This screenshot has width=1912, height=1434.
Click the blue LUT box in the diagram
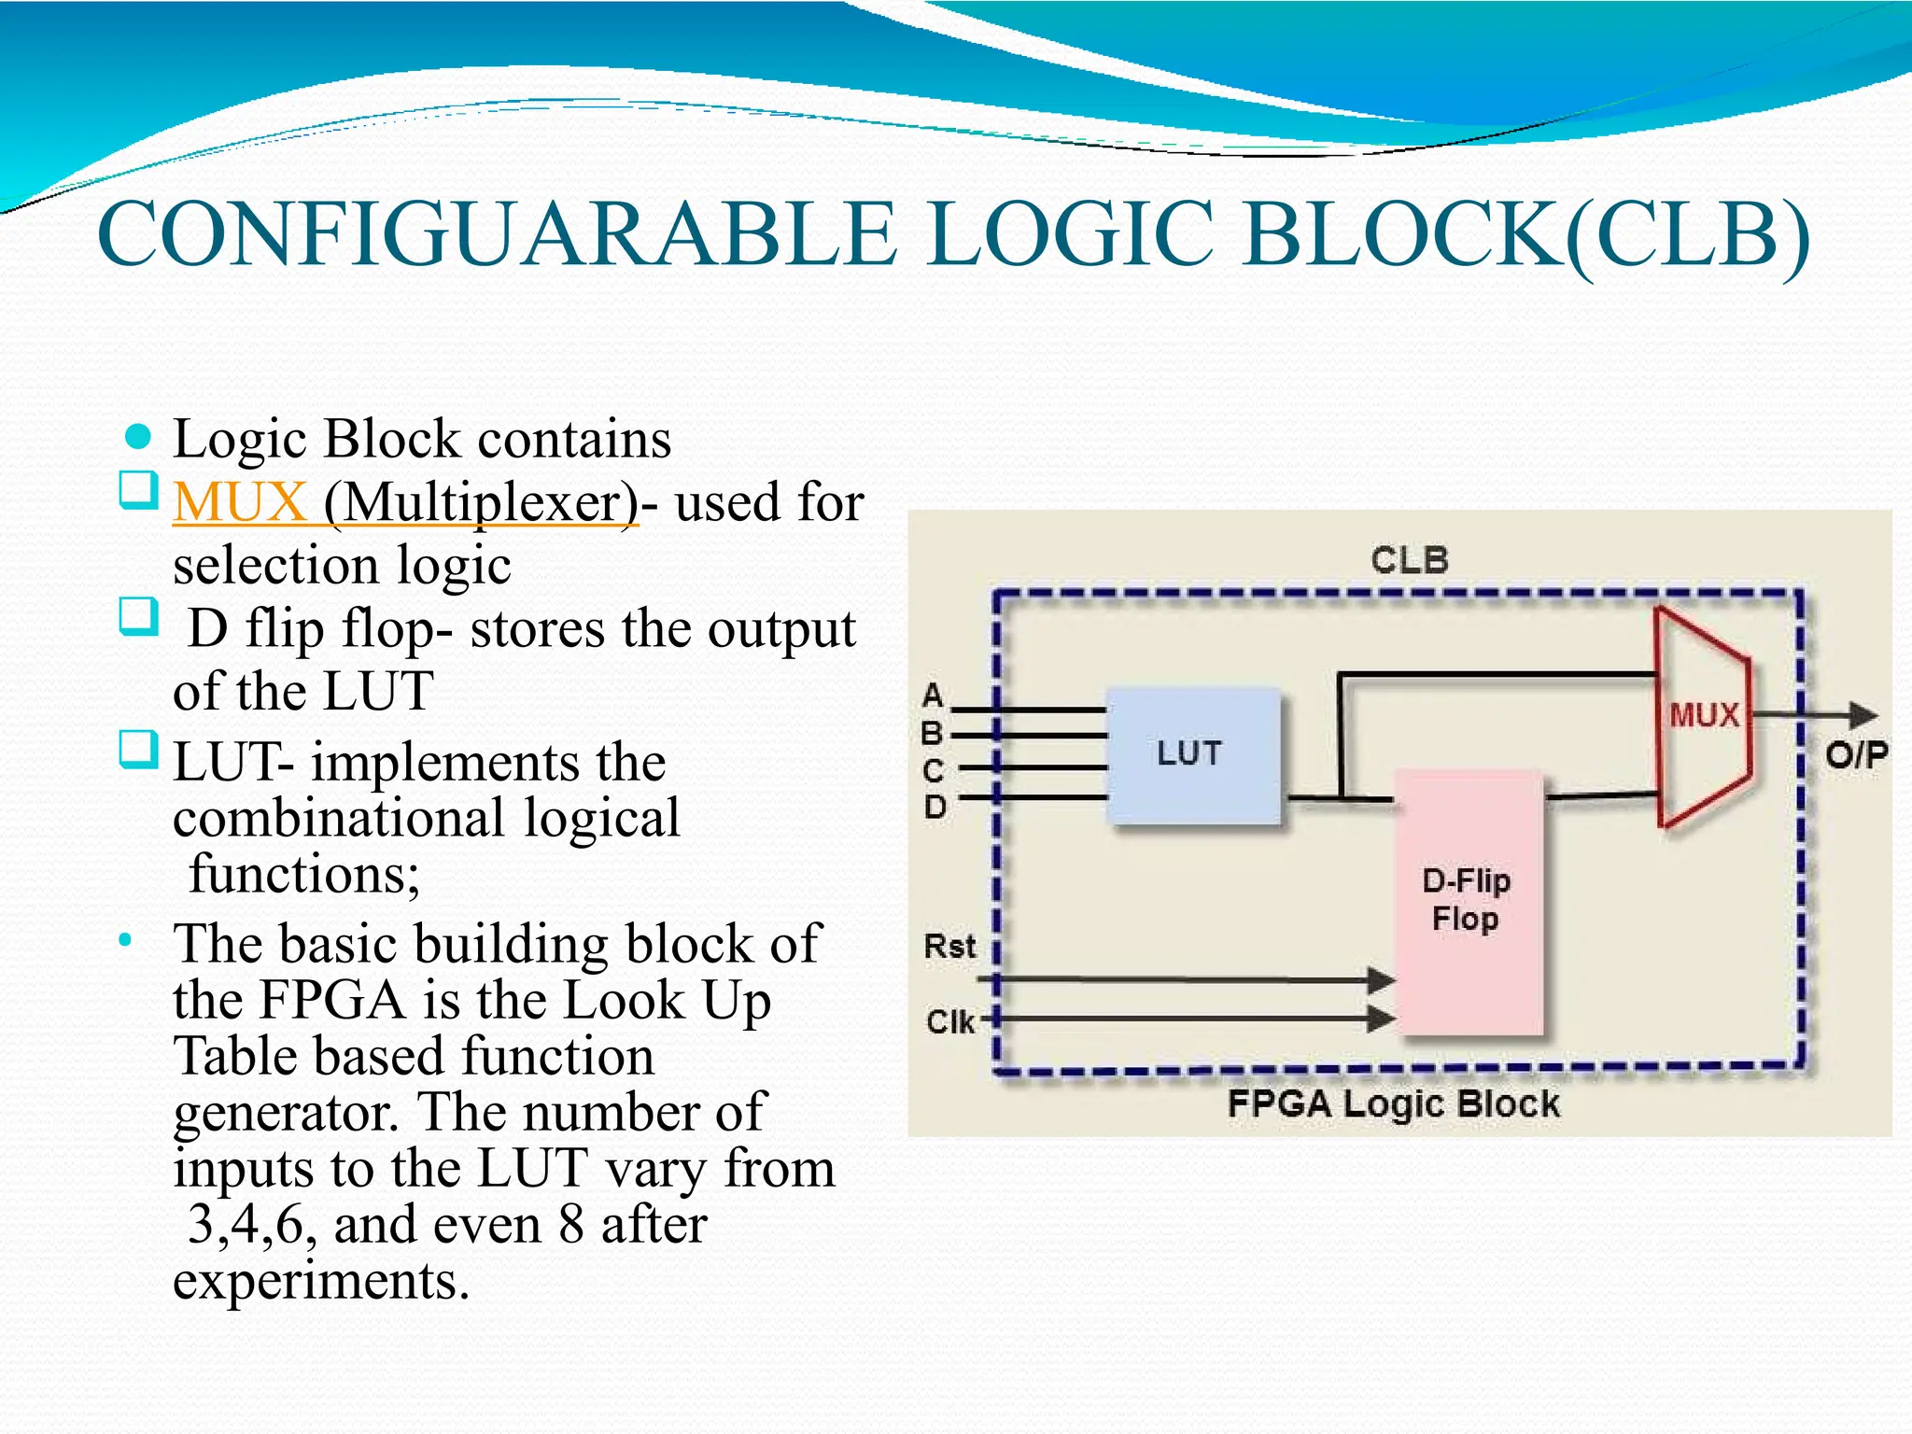(x=1192, y=755)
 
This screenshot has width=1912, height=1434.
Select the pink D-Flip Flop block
(x=1467, y=902)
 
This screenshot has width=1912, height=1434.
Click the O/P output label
(x=1856, y=754)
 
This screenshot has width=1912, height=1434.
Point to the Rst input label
(x=949, y=947)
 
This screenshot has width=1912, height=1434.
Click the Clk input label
(x=949, y=1022)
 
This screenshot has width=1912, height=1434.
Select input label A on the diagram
(x=933, y=696)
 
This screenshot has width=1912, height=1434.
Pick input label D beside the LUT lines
(x=935, y=807)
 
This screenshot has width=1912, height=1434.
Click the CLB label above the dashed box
(x=1409, y=560)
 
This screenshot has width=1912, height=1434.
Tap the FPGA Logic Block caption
(x=1392, y=1104)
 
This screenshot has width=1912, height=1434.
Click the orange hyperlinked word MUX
(x=240, y=502)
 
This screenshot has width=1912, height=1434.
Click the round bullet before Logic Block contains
(x=138, y=436)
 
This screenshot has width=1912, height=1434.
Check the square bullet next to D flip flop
(x=138, y=617)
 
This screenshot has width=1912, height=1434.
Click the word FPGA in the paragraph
(x=332, y=1000)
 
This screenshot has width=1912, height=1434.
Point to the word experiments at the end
(x=320, y=1280)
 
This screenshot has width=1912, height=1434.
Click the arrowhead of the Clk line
(x=1381, y=1019)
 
